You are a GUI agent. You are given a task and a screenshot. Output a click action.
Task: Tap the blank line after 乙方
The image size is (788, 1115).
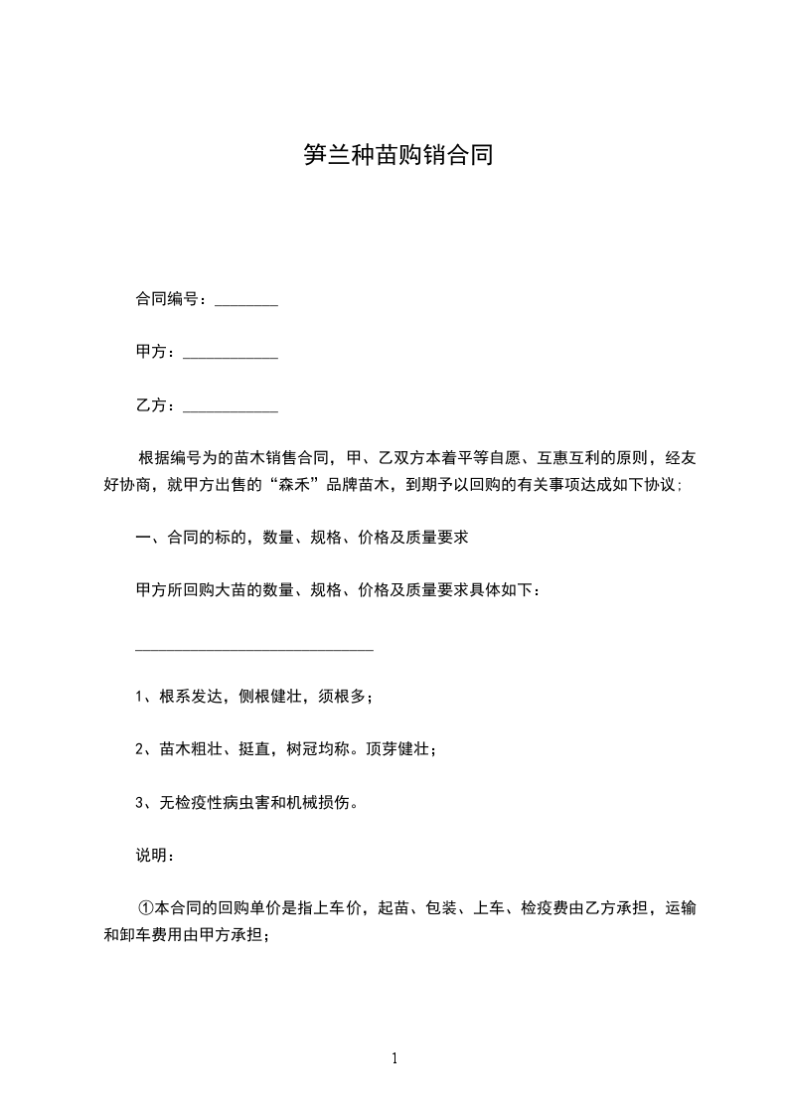coord(231,407)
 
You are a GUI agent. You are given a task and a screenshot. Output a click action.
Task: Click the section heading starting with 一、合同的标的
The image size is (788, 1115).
coord(302,538)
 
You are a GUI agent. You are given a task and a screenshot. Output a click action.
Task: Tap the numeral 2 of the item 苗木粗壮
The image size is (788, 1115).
coord(139,749)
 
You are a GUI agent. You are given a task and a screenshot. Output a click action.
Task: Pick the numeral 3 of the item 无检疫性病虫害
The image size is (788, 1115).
coord(139,802)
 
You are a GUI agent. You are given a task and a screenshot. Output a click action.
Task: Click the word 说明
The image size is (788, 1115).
coord(151,855)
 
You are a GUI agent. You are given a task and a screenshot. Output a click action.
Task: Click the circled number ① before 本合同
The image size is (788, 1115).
coord(146,907)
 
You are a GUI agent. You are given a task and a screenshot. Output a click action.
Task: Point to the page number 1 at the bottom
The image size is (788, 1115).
coord(394,1058)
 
